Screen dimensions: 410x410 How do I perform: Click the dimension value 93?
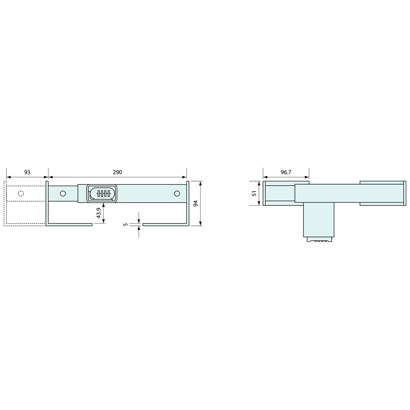click(x=27, y=172)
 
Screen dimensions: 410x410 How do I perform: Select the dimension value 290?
click(x=117, y=172)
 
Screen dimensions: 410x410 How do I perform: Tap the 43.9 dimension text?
click(x=98, y=213)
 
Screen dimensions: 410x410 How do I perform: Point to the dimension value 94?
click(x=195, y=203)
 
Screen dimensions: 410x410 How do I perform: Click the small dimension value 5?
click(x=126, y=224)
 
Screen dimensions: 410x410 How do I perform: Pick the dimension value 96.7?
click(x=286, y=172)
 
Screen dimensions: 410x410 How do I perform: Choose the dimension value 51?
click(x=254, y=193)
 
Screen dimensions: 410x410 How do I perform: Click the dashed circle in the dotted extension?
click(x=21, y=194)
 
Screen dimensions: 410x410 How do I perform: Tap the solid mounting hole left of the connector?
click(x=63, y=194)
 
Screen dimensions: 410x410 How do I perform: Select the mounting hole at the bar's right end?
click(x=177, y=193)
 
